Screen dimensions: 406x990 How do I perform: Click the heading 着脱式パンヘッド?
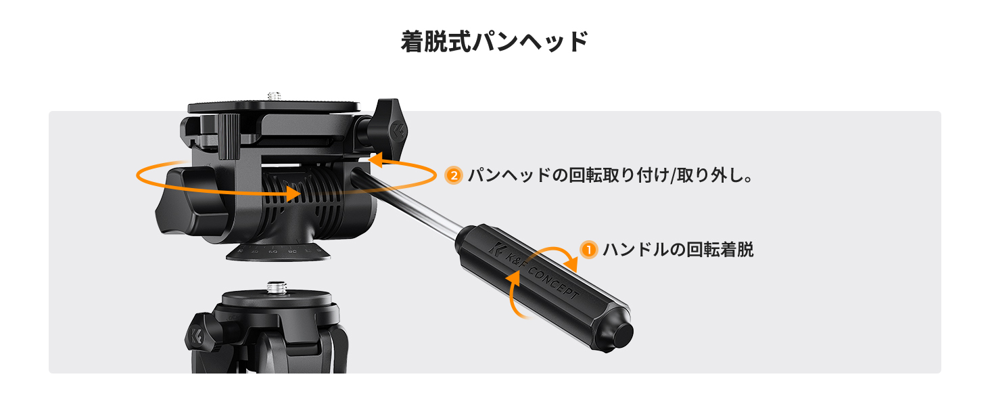[494, 41]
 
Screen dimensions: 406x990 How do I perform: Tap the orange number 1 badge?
[589, 250]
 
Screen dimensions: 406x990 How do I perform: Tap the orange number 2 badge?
[453, 176]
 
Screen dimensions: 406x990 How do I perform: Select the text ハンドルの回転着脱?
[678, 250]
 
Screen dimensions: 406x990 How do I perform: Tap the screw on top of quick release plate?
[274, 96]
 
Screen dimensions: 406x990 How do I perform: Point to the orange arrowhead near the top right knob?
[376, 160]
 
